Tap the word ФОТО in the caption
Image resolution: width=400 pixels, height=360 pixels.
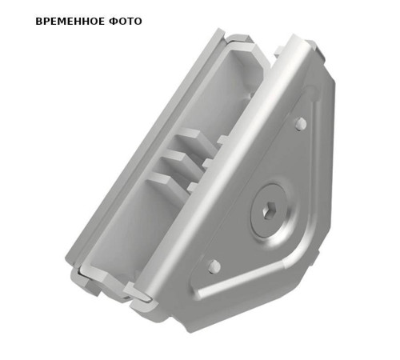click(125, 21)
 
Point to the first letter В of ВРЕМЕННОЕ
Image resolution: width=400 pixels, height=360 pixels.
click(39, 21)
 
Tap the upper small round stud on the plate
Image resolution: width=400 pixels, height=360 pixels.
click(300, 123)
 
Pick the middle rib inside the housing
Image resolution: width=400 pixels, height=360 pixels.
click(180, 160)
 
